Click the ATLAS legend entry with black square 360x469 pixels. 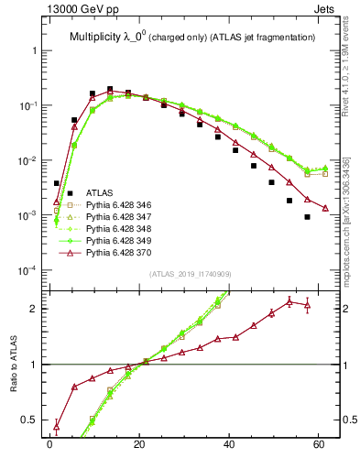(99, 193)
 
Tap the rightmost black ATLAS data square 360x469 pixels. (308, 217)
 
